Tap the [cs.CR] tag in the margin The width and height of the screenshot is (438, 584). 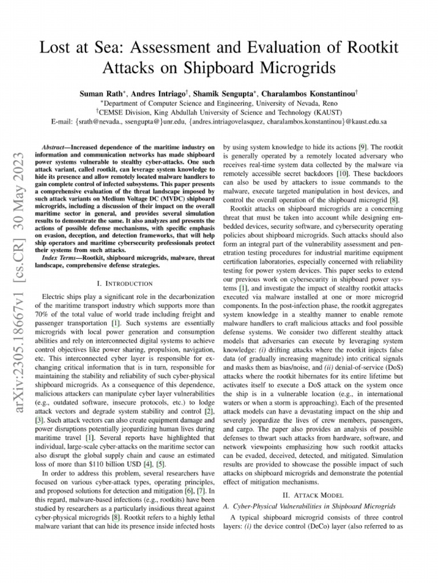point(17,234)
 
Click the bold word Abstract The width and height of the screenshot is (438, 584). point(59,147)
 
